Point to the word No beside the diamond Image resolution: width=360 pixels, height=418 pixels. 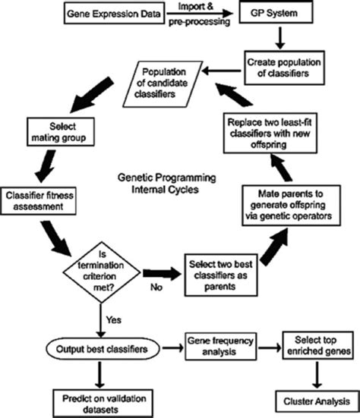click(155, 288)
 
